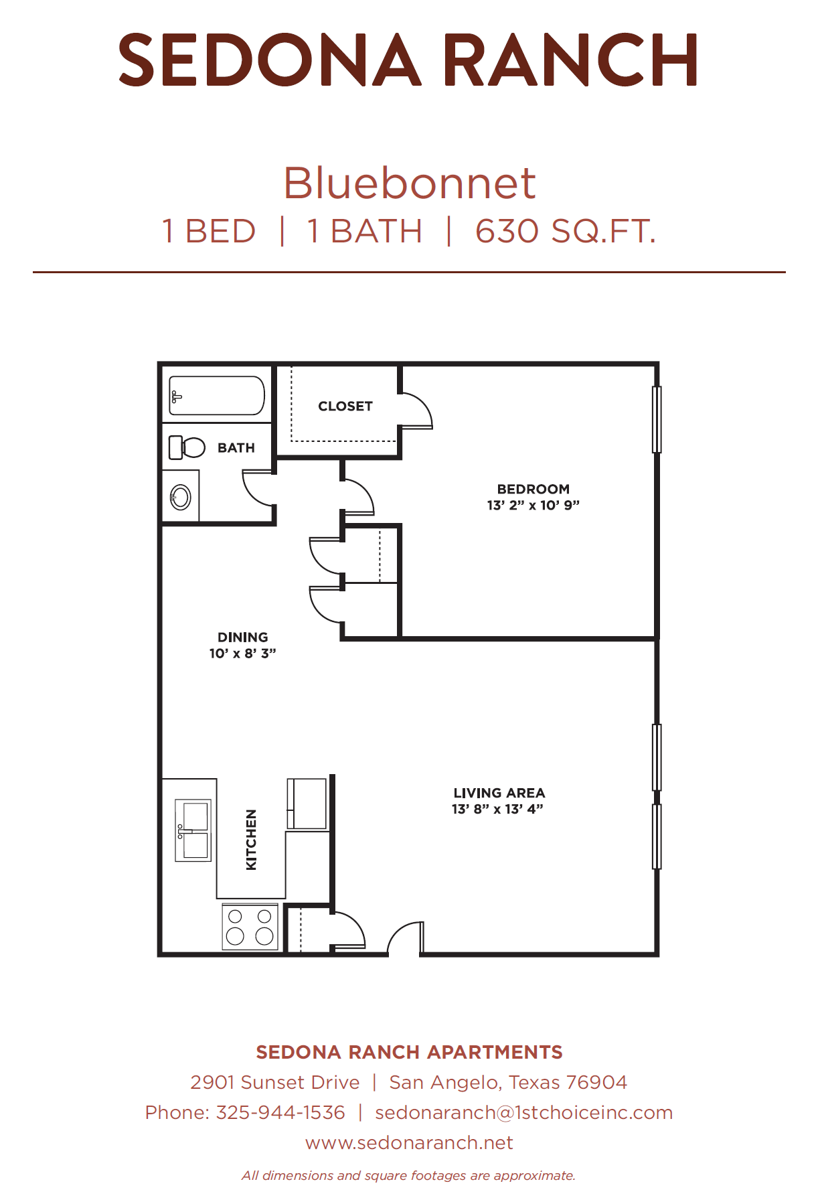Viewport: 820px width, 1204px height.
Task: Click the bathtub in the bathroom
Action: (x=217, y=395)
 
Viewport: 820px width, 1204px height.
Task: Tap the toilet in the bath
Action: (x=187, y=447)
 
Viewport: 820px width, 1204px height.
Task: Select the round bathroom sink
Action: (x=181, y=498)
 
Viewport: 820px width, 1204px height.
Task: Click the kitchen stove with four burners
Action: (x=250, y=926)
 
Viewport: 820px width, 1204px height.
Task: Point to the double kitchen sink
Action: (x=193, y=830)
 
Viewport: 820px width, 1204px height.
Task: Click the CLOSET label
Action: (x=345, y=406)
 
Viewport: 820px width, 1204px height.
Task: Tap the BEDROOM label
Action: (x=534, y=489)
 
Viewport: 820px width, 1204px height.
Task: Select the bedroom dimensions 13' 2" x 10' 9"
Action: (x=534, y=505)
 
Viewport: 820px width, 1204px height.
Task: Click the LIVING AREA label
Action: (x=499, y=793)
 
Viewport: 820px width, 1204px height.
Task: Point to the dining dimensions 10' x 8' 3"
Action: (x=243, y=653)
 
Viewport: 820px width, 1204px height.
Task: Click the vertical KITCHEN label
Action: (x=252, y=840)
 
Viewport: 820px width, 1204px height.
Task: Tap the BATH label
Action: (x=236, y=448)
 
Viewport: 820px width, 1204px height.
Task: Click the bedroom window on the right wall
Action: (x=657, y=419)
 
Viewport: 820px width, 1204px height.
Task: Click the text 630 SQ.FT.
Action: (x=566, y=232)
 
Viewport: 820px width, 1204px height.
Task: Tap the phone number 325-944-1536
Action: (x=281, y=1112)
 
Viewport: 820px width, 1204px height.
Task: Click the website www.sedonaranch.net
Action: (x=410, y=1142)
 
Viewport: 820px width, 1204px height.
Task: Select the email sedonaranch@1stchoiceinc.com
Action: (x=524, y=1112)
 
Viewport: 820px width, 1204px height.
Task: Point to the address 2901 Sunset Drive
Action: (x=275, y=1082)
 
